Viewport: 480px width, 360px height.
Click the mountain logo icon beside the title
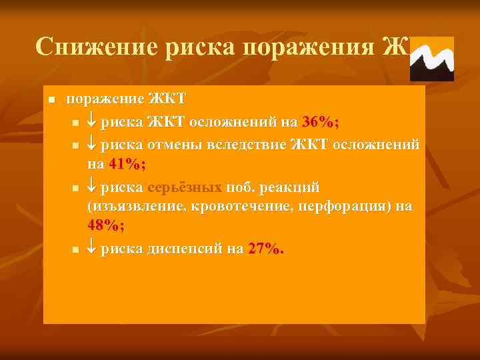click(431, 59)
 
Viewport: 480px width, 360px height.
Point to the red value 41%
click(127, 165)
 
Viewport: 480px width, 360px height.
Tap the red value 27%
click(265, 249)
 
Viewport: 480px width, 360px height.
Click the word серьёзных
click(184, 185)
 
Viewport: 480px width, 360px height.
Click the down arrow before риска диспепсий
click(92, 249)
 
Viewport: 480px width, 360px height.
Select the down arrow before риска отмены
click(92, 143)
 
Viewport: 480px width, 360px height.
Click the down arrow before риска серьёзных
click(92, 185)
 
